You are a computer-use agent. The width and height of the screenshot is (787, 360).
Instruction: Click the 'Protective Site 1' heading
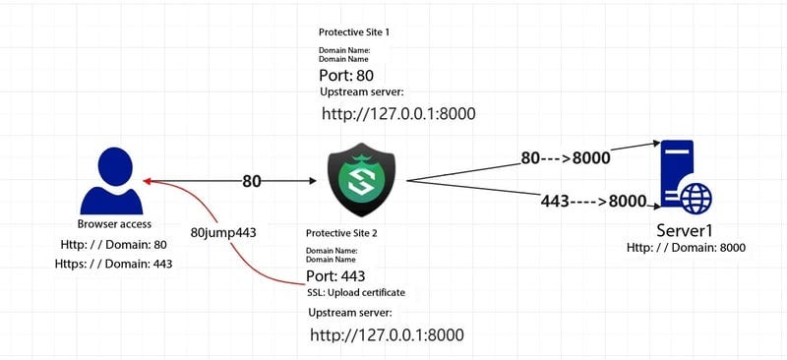[354, 32]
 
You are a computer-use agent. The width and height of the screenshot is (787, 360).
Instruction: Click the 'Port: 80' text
[346, 75]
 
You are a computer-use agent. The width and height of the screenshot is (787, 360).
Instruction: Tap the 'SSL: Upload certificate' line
[356, 293]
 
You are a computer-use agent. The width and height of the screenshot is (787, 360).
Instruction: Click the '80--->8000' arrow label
[566, 157]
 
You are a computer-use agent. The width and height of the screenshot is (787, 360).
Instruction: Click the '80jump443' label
[223, 233]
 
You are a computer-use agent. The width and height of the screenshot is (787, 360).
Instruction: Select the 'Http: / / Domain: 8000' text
[686, 248]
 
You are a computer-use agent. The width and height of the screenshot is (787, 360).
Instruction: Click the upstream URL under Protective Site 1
[398, 114]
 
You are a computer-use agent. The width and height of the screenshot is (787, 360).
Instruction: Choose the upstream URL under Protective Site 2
[387, 334]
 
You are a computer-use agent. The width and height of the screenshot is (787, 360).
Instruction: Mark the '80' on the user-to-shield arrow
[252, 181]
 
